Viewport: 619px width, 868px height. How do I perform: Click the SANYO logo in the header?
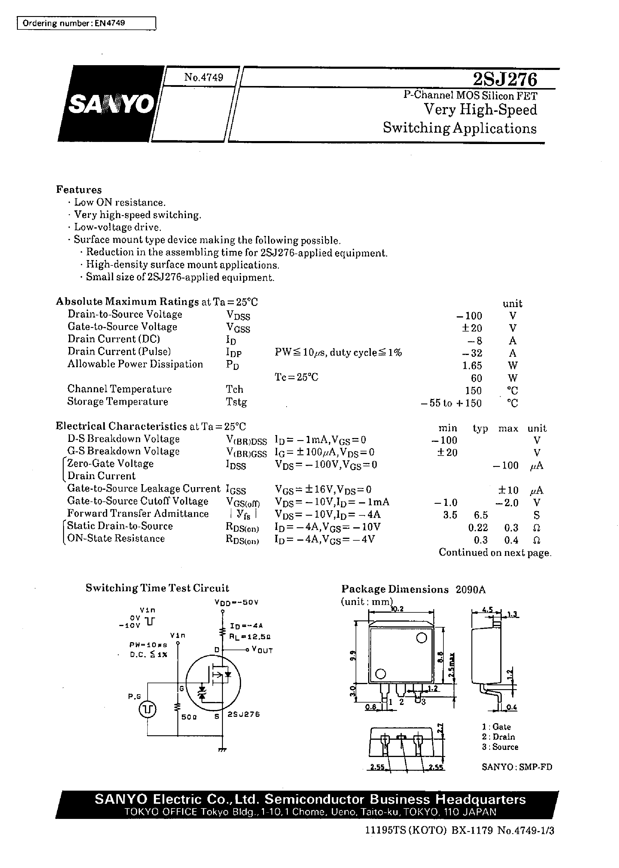coord(110,104)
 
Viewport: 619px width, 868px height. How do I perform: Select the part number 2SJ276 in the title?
coord(505,80)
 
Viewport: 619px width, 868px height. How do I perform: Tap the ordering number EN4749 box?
coord(87,23)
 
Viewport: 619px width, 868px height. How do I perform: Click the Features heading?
coord(79,190)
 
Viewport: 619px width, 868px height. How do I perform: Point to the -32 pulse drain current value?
coord(471,353)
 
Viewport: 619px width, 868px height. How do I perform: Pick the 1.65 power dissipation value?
coord(472,365)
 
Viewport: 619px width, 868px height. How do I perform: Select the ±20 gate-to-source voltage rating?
coord(471,328)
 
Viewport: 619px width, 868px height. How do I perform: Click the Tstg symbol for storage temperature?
coord(236,402)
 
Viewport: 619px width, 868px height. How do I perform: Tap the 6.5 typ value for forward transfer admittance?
coord(481,515)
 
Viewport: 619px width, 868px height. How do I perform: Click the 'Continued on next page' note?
coord(495,553)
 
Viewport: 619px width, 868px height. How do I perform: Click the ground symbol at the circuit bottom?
coord(222,750)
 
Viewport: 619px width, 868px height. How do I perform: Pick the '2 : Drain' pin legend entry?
coord(498,737)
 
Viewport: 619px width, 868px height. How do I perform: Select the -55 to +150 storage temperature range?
coord(451,403)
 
